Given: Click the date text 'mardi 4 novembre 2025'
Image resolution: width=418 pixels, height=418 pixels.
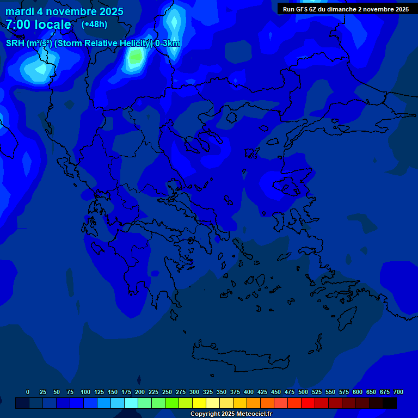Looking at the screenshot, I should (64, 11).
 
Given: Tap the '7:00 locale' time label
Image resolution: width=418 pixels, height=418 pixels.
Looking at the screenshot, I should (38, 24).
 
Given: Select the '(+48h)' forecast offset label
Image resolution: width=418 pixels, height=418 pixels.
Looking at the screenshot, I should (94, 24).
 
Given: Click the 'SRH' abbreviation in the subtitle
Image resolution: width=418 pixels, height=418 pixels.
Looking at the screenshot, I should (15, 44).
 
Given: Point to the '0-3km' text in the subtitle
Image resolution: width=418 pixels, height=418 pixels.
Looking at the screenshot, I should (168, 44).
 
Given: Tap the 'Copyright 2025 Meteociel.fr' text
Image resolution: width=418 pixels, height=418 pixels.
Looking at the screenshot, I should (231, 414).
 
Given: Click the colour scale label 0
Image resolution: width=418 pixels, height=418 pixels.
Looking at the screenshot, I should (28, 392).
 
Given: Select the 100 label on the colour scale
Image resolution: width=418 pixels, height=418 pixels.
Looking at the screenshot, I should (85, 392).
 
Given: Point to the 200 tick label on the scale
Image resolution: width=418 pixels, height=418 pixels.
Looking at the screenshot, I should (139, 392).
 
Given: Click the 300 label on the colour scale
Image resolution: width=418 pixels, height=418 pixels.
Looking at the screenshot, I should (194, 392).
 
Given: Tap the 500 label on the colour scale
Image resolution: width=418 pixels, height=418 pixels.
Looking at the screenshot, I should (303, 392).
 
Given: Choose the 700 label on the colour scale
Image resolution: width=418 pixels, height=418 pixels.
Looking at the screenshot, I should (398, 392).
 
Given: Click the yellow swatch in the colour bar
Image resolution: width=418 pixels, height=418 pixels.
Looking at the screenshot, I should (199, 403).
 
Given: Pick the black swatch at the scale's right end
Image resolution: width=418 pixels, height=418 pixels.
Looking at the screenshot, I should (390, 403).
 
